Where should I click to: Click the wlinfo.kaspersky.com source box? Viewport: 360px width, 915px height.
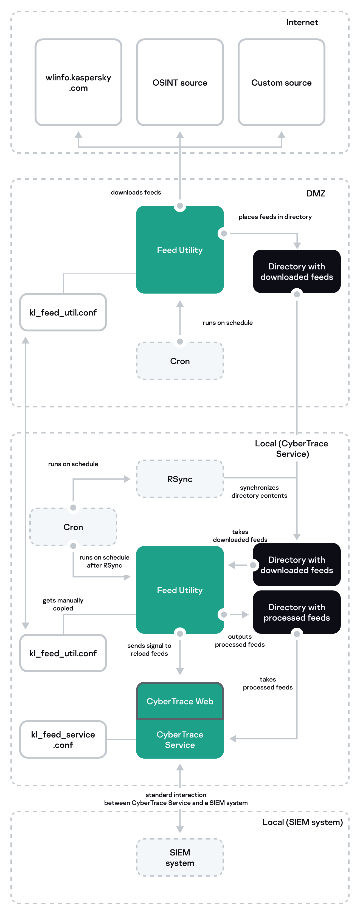(x=78, y=82)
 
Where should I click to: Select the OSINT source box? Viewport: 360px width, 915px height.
(x=180, y=82)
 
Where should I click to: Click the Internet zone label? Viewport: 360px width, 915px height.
(x=302, y=22)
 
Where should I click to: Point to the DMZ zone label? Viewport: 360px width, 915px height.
(x=316, y=194)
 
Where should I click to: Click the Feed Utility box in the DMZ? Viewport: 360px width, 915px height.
(x=180, y=250)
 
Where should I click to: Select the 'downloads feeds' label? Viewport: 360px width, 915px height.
(x=136, y=192)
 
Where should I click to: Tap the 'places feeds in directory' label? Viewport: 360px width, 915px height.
(x=275, y=217)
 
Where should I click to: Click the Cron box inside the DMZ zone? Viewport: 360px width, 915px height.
(x=180, y=361)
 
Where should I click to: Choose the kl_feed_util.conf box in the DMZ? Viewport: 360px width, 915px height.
(x=63, y=312)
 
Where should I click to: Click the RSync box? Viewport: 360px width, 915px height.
(x=180, y=479)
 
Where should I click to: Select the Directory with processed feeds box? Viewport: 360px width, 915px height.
(x=296, y=612)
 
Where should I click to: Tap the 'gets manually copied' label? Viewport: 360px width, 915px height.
(x=63, y=604)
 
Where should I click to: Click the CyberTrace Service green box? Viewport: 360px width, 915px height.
(x=180, y=739)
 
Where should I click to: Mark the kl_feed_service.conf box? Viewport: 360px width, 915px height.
(x=63, y=739)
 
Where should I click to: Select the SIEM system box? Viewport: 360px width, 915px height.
(x=180, y=857)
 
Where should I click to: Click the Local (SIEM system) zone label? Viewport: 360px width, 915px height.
(x=302, y=822)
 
